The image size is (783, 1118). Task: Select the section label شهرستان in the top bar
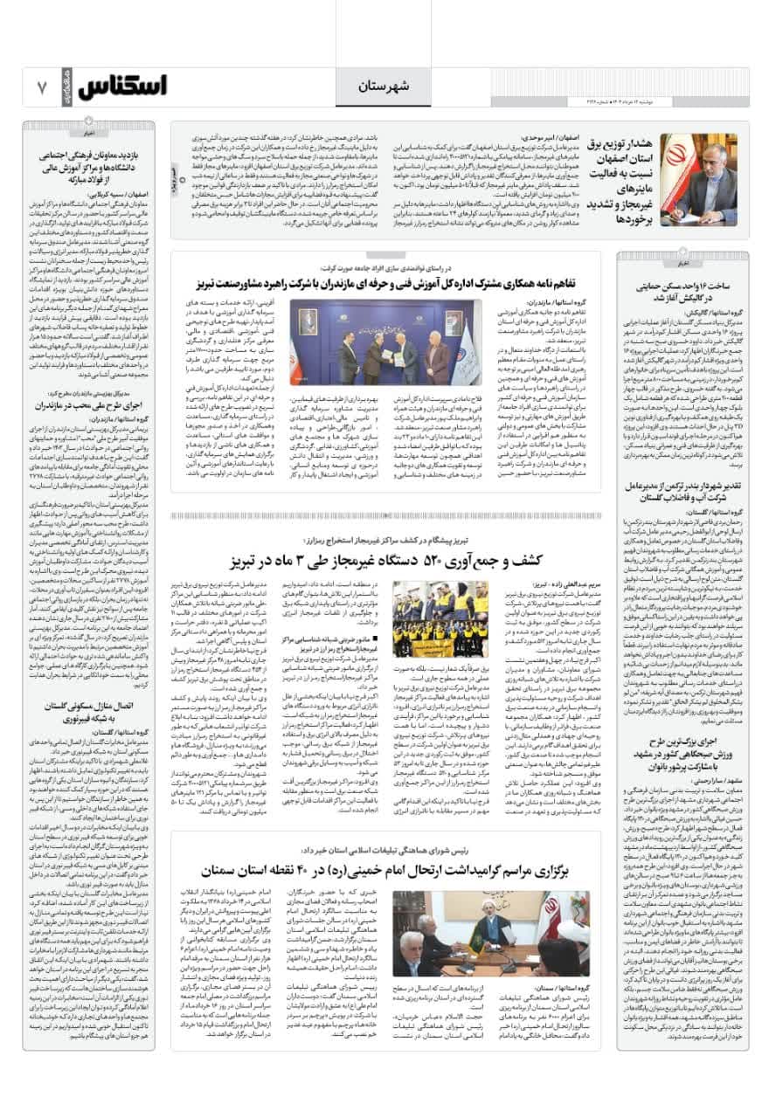(382, 87)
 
